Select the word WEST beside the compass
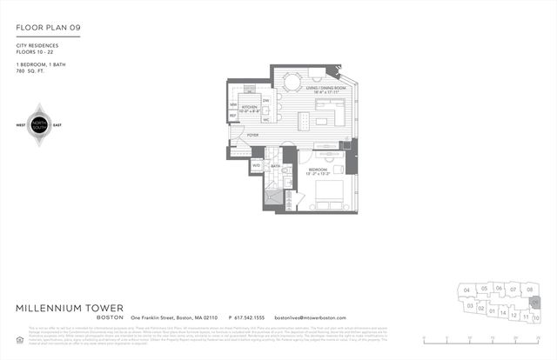click(20, 124)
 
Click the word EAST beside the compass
click(57, 124)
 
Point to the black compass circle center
click(38, 124)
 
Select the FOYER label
click(253, 135)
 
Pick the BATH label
click(274, 165)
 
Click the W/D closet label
click(257, 164)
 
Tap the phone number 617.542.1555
click(246, 318)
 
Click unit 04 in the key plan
click(466, 290)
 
